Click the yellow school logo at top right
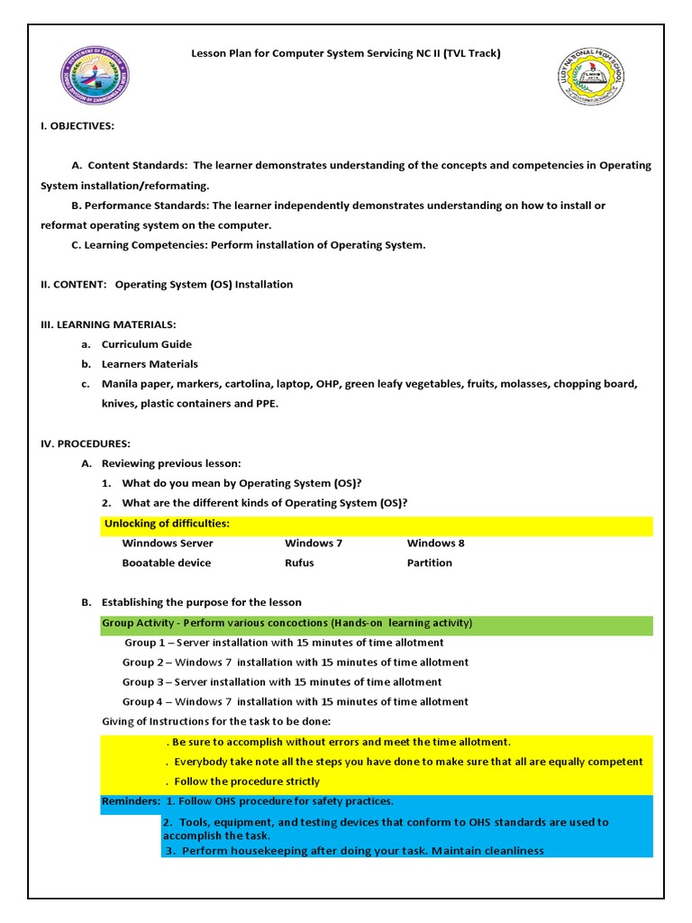[x=591, y=77]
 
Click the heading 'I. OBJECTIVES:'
[x=77, y=125]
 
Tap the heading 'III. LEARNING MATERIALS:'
[x=108, y=324]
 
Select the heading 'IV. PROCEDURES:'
[x=86, y=443]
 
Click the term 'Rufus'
[x=299, y=562]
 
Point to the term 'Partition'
[x=429, y=562]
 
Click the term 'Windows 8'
[x=435, y=543]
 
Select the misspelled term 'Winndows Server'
[x=168, y=543]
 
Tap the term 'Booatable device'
[x=167, y=562]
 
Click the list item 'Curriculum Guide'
[x=146, y=344]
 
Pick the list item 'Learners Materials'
[x=150, y=364]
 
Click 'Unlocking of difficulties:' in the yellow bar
[x=167, y=524]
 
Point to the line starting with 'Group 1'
[x=284, y=643]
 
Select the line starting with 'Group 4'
[x=296, y=702]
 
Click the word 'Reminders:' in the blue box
[x=131, y=800]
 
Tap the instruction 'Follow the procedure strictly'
[x=245, y=781]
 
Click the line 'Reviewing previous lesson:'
[x=171, y=463]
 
